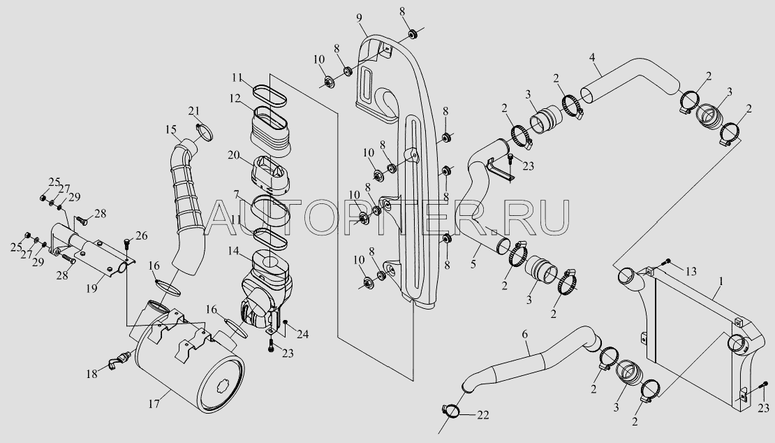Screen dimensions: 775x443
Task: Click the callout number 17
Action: [x=154, y=404]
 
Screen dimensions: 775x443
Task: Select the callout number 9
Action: [x=360, y=18]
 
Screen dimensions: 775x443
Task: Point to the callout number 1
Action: [x=721, y=282]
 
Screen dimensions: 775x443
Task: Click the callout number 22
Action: [x=483, y=415]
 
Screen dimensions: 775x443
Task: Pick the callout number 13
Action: [x=691, y=271]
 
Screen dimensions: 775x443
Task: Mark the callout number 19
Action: [x=91, y=289]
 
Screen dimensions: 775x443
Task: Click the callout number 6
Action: [x=525, y=335]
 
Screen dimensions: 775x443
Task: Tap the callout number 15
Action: [x=171, y=129]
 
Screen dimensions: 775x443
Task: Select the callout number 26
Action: [x=141, y=235]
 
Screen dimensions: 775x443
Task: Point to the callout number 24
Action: [x=302, y=335]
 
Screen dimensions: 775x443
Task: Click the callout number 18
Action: [x=92, y=375]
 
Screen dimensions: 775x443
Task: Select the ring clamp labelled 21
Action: [x=205, y=132]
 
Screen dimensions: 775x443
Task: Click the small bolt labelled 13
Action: [x=667, y=261]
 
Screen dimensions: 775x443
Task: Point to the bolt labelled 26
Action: [x=128, y=244]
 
